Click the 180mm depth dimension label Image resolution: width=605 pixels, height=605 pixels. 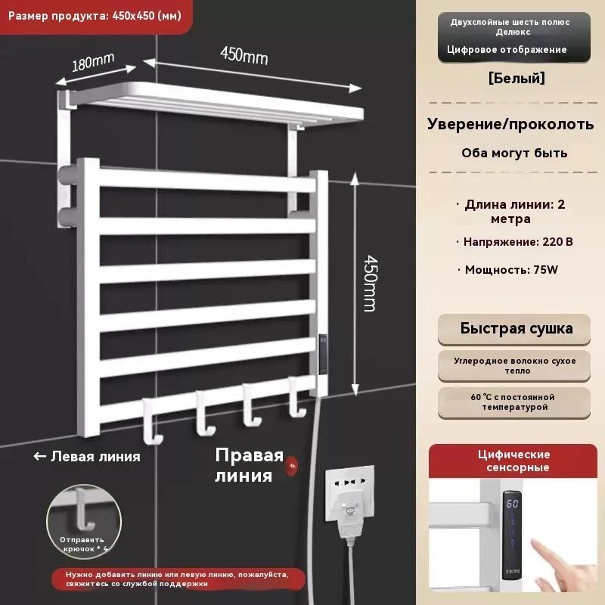(x=93, y=62)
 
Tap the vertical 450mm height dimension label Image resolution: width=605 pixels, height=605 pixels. (x=371, y=283)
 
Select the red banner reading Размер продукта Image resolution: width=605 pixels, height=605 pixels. (x=95, y=17)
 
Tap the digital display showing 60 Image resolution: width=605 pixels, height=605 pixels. (x=513, y=504)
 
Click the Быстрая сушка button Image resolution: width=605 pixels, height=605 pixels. (x=514, y=329)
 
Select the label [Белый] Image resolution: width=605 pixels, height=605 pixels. (x=517, y=79)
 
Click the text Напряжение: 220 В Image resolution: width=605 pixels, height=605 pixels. (x=518, y=242)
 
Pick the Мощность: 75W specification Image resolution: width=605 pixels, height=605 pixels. (x=511, y=270)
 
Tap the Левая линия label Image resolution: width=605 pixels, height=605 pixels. (x=87, y=457)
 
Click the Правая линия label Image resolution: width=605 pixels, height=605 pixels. (x=250, y=465)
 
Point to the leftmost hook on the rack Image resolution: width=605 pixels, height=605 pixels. (x=152, y=421)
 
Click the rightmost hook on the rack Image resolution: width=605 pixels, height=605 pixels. (x=297, y=398)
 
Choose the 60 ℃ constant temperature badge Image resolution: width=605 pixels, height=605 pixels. (x=514, y=402)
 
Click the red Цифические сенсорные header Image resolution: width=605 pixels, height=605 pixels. (x=513, y=461)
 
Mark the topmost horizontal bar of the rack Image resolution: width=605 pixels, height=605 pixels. (x=207, y=181)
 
